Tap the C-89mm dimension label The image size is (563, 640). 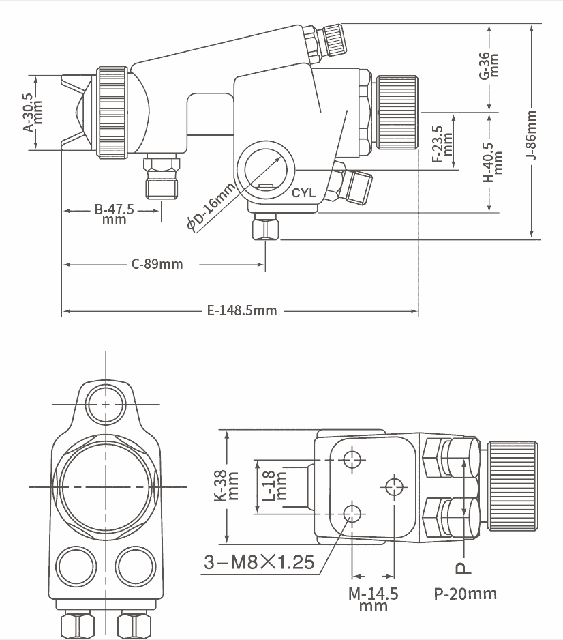tap(157, 263)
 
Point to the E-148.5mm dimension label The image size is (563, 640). tap(242, 310)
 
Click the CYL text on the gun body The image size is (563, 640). tap(303, 193)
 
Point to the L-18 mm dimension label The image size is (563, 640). tap(272, 486)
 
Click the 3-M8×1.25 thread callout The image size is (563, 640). tap(260, 562)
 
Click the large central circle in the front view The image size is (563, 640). tap(106, 486)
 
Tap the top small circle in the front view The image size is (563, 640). tap(106, 403)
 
